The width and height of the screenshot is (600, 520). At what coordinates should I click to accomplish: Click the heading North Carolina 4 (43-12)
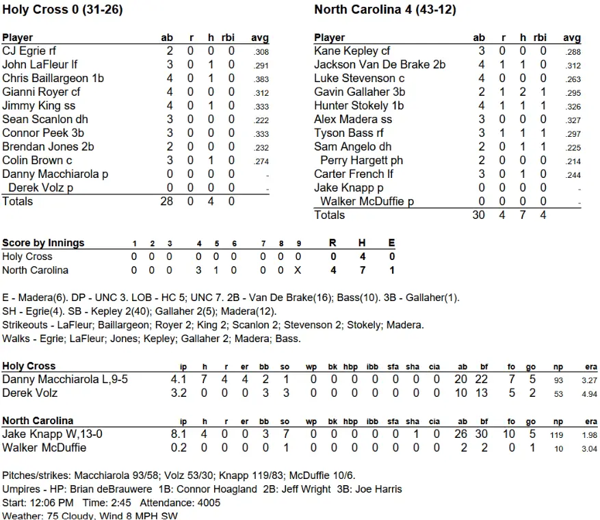[385, 10]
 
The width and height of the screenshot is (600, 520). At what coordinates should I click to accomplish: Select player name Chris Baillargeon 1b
[53, 78]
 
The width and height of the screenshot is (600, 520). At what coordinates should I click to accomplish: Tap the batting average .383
[261, 79]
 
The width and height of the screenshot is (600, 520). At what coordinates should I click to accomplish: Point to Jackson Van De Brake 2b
[380, 64]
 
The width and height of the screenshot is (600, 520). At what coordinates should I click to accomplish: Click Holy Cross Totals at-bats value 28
[167, 201]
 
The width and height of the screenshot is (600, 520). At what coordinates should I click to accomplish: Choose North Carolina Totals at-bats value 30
[479, 215]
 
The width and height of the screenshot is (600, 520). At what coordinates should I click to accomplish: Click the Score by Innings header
[43, 243]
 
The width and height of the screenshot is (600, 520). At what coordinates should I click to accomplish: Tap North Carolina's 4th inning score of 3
[198, 270]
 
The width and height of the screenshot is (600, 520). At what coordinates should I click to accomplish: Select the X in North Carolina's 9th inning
[298, 270]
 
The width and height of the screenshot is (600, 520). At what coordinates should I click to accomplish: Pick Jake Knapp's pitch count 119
[558, 434]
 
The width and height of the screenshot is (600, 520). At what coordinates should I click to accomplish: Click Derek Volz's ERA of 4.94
[589, 394]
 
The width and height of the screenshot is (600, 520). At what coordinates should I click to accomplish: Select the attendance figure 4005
[208, 503]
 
